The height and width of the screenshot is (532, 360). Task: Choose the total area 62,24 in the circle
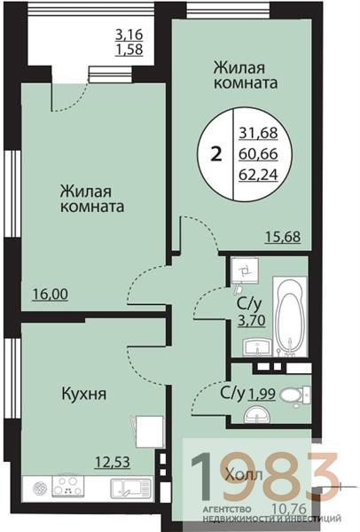pos(257,174)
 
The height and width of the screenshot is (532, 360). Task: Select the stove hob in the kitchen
pos(67,487)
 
